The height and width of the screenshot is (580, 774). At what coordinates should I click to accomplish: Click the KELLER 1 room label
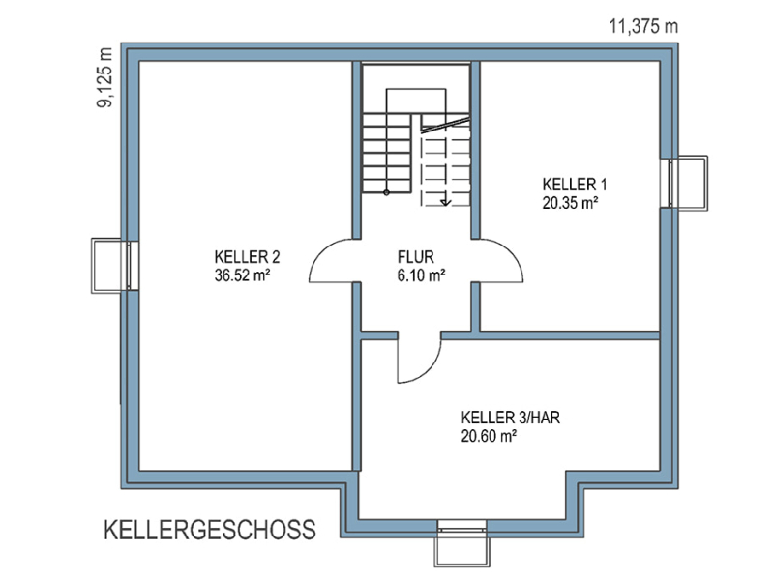click(574, 185)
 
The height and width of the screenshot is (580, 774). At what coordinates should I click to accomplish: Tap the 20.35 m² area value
click(570, 203)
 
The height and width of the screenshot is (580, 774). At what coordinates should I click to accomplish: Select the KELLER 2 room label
click(247, 257)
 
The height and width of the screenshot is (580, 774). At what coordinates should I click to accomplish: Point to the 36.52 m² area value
click(242, 275)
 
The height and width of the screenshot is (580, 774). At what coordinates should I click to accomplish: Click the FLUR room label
click(416, 257)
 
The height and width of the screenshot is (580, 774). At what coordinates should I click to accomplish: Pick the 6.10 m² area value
click(421, 275)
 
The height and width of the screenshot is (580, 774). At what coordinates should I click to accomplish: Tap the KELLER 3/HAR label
click(511, 418)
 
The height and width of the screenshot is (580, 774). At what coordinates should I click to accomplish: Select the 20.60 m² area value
click(489, 436)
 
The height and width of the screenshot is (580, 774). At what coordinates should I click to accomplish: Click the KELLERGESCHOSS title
click(210, 530)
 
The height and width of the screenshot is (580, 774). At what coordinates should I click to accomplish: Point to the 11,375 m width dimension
click(643, 26)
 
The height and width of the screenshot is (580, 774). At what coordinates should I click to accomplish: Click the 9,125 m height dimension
click(104, 77)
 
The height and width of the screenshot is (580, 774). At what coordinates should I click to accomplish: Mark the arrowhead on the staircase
click(446, 201)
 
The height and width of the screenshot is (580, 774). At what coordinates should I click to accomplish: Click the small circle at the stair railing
click(386, 192)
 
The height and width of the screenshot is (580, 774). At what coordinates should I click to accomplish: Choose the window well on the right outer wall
click(689, 184)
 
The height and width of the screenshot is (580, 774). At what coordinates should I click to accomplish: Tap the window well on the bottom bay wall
click(462, 548)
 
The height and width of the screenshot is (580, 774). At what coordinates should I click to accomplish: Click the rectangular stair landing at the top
click(416, 101)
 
